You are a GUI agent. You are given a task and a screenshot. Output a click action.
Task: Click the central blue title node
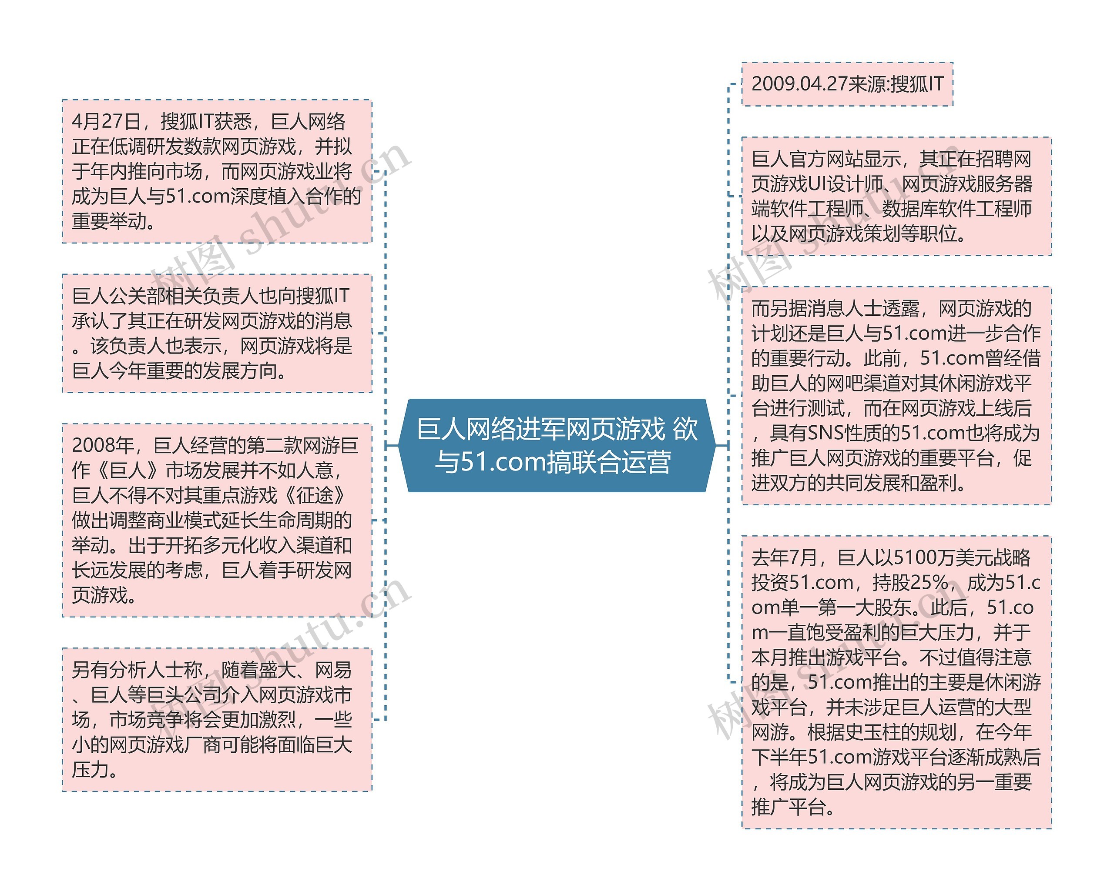tap(557, 445)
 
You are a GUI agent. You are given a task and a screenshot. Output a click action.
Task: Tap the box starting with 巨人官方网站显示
tap(896, 196)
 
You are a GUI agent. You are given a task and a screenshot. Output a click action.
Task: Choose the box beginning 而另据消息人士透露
tap(896, 395)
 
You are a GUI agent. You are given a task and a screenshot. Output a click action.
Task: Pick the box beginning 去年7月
tap(896, 682)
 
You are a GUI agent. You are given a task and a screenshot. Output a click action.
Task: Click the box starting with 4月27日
tap(217, 171)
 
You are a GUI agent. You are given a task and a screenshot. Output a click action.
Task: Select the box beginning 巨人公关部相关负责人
tap(217, 333)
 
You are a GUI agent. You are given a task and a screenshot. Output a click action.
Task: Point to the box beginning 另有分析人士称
tap(217, 719)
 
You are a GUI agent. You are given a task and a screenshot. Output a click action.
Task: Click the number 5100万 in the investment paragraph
tap(915, 558)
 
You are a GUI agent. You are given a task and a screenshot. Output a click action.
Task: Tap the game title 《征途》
tap(315, 496)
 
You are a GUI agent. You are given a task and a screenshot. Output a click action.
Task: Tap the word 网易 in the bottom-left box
tap(333, 670)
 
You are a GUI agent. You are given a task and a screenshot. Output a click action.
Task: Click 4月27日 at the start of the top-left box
tap(106, 122)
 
